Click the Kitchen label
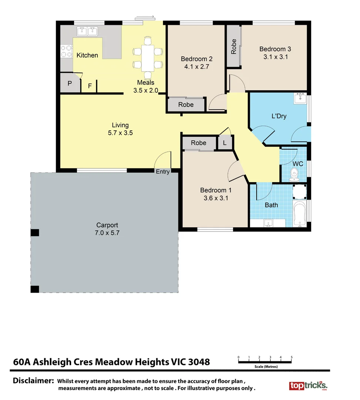(87, 55)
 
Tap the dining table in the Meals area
(148, 58)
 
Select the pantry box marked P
(70, 84)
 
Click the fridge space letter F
(90, 86)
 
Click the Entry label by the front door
(163, 171)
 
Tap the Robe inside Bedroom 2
(186, 105)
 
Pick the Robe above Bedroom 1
(199, 143)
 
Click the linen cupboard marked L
(225, 143)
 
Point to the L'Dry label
(279, 116)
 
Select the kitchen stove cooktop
(66, 51)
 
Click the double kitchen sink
(87, 31)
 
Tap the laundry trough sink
(300, 99)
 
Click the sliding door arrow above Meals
(145, 17)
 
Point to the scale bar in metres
(265, 362)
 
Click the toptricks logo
(308, 385)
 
